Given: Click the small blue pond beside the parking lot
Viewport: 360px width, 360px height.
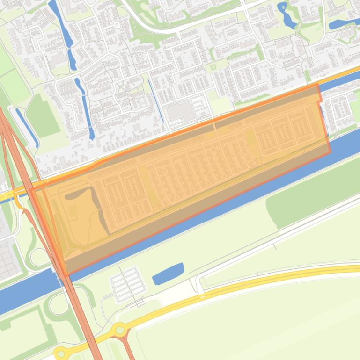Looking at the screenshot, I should point(168,274).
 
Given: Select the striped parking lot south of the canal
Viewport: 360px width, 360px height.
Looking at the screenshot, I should point(126,284).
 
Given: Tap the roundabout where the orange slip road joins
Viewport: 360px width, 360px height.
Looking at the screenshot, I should point(120,331).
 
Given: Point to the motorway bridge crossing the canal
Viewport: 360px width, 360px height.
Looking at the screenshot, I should point(60,273).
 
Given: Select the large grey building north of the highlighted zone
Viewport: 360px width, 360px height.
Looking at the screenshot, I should point(180,111).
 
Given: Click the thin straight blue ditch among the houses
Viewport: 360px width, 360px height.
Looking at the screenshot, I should point(156,101).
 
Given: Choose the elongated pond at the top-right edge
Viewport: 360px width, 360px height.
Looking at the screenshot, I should point(344,24).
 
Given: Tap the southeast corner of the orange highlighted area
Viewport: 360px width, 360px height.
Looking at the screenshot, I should point(330,151).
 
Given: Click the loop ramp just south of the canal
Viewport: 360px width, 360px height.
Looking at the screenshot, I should point(58,304).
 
